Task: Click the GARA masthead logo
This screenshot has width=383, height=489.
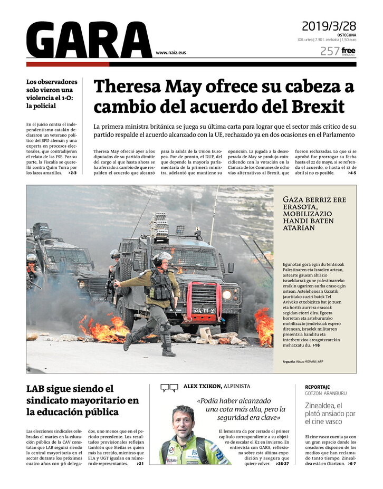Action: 89,40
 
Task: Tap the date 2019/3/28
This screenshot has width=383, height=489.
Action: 329,26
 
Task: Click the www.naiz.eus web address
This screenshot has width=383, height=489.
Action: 171,53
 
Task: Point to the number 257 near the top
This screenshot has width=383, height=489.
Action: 329,51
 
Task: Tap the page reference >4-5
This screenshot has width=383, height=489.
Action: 352,172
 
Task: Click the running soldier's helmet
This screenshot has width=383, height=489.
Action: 164,257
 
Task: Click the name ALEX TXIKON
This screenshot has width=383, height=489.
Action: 199,387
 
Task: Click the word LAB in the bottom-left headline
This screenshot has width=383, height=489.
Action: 37,389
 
